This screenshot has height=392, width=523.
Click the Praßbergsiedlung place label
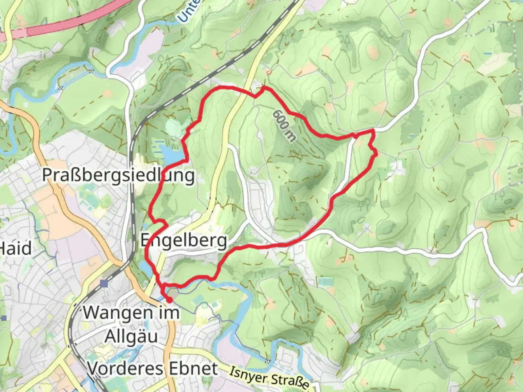[x=118, y=175]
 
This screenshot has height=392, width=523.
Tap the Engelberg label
[x=184, y=241]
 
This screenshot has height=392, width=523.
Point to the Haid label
[x=15, y=249]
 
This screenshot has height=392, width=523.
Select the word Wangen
[x=117, y=312]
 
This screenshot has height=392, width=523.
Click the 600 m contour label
[x=284, y=125]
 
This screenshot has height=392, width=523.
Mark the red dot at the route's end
[x=169, y=300]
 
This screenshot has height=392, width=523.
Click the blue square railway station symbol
[x=105, y=283]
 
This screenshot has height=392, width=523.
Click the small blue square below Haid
[x=4, y=318]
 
